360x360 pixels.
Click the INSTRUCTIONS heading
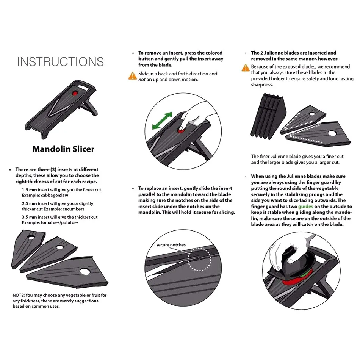pyautogui.click(x=60, y=62)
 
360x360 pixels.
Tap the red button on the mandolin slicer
pyautogui.click(x=75, y=93)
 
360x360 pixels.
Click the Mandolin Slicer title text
pyautogui.click(x=63, y=149)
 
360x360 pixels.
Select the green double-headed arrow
pyautogui.click(x=161, y=121)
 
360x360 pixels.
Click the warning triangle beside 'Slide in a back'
pyautogui.click(x=132, y=76)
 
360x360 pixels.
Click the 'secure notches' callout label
pyautogui.click(x=171, y=245)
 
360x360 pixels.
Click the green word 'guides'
pyautogui.click(x=305, y=207)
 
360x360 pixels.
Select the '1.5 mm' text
pyautogui.click(x=29, y=189)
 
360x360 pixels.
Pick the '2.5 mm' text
pyautogui.click(x=29, y=203)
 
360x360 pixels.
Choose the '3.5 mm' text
pyautogui.click(x=29, y=217)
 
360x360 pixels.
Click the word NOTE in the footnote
pyautogui.click(x=18, y=295)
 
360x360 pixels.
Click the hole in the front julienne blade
pyautogui.click(x=332, y=133)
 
